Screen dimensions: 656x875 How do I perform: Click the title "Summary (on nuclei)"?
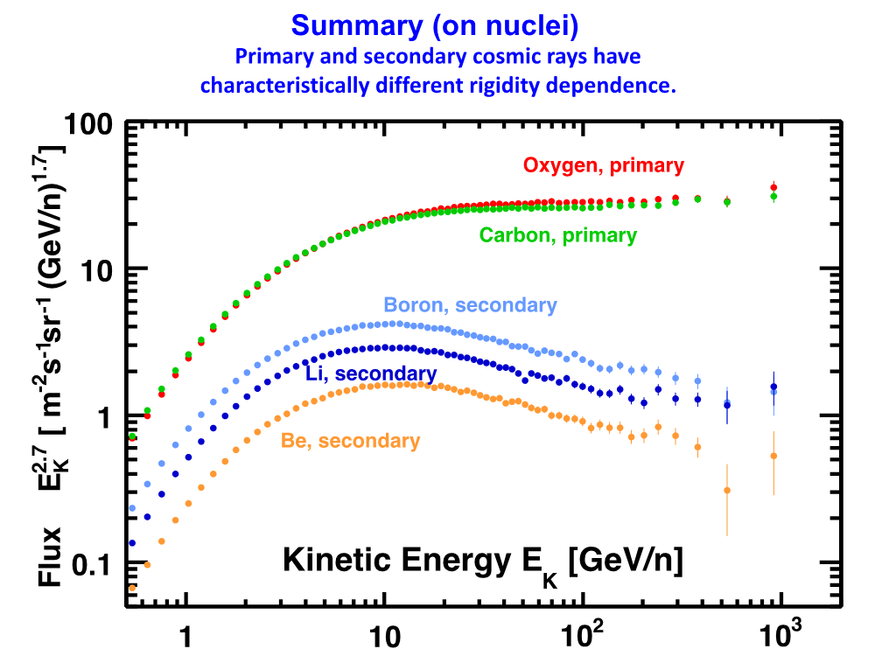click(x=435, y=26)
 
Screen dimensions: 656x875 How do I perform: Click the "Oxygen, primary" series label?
click(x=603, y=164)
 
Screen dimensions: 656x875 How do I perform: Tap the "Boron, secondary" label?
click(x=470, y=305)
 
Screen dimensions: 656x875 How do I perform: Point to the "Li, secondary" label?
click(x=371, y=374)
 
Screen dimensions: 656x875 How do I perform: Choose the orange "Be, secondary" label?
click(x=350, y=441)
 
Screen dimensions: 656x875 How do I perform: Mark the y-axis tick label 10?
click(x=96, y=268)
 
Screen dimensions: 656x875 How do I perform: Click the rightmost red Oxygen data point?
click(x=773, y=187)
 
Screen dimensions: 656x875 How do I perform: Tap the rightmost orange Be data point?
click(x=773, y=456)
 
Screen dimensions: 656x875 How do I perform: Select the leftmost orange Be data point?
click(x=132, y=588)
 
